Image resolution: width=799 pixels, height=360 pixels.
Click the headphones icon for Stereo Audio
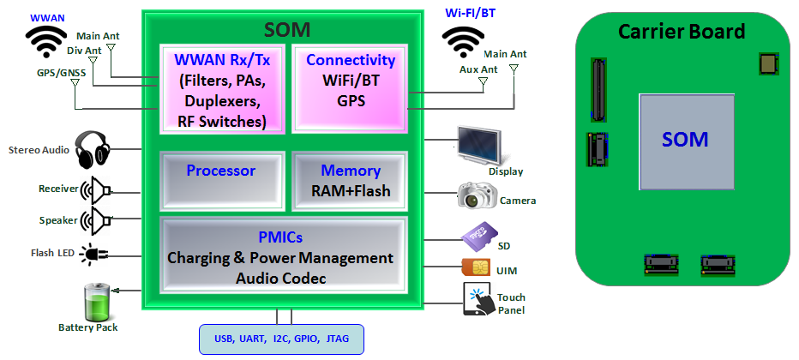93,150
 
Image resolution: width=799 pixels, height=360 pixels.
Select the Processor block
220,180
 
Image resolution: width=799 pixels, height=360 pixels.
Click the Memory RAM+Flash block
350,180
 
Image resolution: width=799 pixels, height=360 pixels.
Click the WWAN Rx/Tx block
222,90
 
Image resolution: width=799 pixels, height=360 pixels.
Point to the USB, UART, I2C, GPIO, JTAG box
281,339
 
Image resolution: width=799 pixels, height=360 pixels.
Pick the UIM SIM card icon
476,267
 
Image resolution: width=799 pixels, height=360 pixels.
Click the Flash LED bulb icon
91,253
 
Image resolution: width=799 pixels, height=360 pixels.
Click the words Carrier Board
682,33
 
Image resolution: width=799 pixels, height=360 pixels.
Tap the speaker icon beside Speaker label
97,220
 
